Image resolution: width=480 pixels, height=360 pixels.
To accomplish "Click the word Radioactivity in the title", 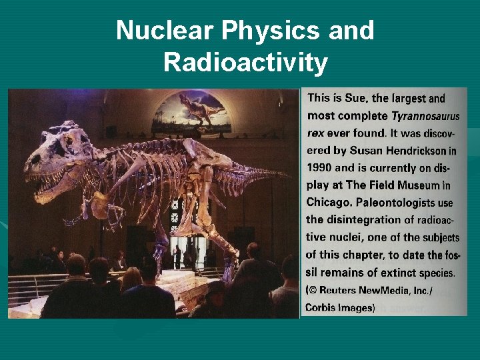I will pos(245,63).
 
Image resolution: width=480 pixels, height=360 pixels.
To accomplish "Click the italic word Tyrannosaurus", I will pos(425,116).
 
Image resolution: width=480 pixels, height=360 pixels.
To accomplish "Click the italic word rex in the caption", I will pos(316,133).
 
